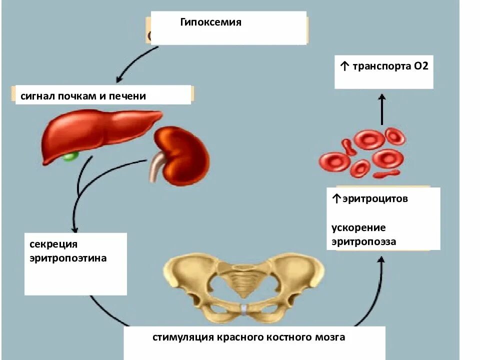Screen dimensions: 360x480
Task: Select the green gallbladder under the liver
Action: click(x=70, y=156)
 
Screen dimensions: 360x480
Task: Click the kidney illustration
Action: click(x=183, y=155)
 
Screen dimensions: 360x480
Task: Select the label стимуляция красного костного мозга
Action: click(x=249, y=337)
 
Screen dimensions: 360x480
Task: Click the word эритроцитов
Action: click(x=374, y=199)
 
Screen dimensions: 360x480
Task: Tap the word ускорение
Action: click(x=358, y=228)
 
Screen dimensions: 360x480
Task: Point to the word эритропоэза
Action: click(x=363, y=242)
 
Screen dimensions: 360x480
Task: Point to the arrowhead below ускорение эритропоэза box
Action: click(x=381, y=259)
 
